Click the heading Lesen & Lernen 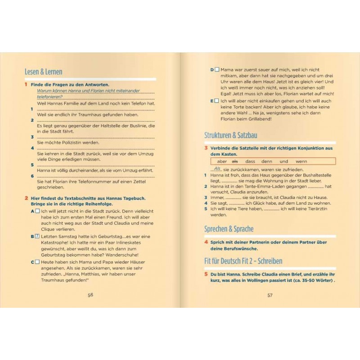coord(44,72)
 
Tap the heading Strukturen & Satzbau coord(231,135)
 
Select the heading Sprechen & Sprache coord(229,229)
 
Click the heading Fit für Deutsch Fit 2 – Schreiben coord(243,261)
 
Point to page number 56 coord(90,295)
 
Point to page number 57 coord(270,295)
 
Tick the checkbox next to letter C coord(37,261)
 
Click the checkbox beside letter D coord(217,70)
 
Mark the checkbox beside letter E coord(217,101)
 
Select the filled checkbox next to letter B coord(37,236)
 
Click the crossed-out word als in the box coord(234,161)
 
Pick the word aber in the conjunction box coord(221,161)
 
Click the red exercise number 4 coord(206,242)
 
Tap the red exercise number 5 coord(206,274)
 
